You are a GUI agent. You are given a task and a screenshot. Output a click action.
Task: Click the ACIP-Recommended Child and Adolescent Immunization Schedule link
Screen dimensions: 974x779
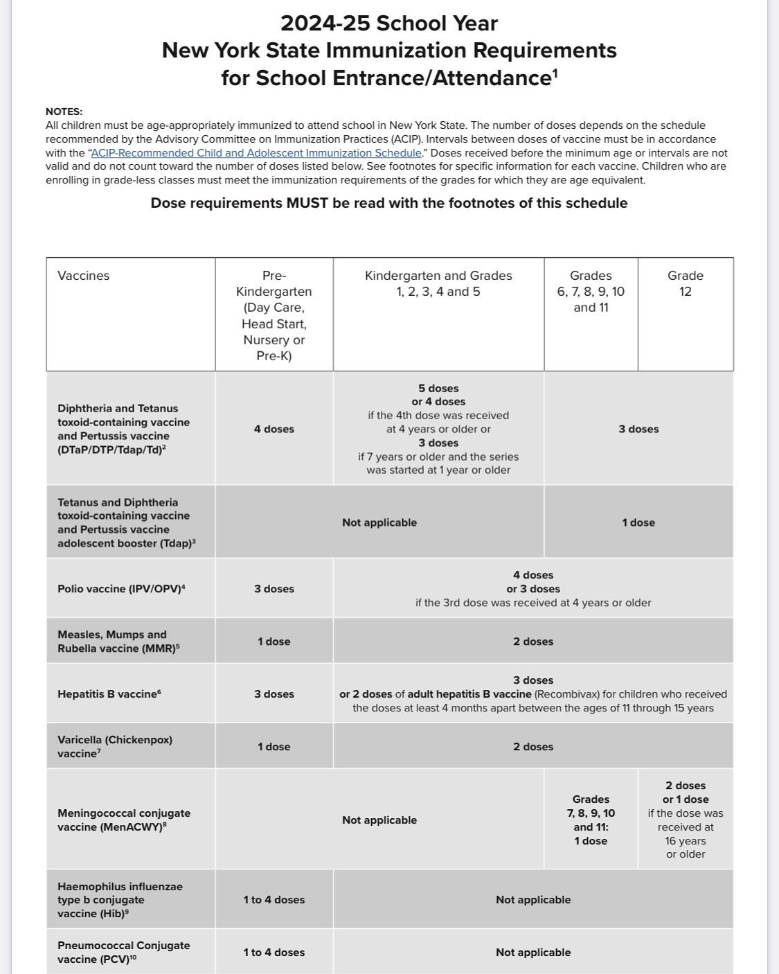tap(256, 153)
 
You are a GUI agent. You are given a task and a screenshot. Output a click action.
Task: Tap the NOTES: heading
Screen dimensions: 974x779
tap(64, 112)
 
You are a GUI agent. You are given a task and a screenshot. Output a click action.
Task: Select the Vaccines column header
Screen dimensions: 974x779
tap(83, 276)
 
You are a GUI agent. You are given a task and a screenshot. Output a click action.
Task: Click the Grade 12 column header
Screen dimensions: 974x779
tap(685, 283)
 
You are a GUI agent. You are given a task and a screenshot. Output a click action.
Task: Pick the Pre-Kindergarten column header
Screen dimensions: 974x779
tap(274, 315)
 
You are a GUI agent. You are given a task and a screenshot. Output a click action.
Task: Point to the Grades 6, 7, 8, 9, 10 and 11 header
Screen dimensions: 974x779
tap(591, 291)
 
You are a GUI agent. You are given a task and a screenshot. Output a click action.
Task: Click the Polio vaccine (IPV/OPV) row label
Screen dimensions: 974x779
tap(121, 589)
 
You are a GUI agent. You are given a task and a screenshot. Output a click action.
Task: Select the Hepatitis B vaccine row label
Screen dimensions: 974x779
tap(109, 694)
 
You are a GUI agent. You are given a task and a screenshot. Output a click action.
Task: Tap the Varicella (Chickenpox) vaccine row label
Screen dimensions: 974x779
tap(115, 747)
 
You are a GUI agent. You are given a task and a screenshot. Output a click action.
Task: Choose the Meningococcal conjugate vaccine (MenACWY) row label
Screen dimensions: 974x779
tap(124, 820)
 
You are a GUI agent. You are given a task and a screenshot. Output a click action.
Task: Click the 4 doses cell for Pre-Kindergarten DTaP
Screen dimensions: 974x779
tap(274, 430)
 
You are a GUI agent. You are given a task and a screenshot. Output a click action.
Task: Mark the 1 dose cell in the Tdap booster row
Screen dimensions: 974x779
tap(638, 523)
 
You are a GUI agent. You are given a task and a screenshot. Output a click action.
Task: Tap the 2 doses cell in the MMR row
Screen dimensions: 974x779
tap(533, 641)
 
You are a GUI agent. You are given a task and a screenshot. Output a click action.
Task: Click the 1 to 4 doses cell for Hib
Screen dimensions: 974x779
tap(274, 900)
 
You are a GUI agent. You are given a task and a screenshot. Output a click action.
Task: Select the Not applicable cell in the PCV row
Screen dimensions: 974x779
tap(533, 953)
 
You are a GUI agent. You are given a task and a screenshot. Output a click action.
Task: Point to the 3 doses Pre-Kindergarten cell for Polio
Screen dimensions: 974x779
tap(274, 589)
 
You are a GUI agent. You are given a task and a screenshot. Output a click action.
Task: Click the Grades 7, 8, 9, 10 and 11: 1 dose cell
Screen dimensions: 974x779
tap(591, 820)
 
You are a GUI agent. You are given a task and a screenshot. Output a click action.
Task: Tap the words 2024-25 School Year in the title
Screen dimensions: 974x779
tap(389, 24)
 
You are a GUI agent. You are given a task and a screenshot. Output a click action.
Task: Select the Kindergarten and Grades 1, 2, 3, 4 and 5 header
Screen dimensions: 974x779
tap(438, 283)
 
